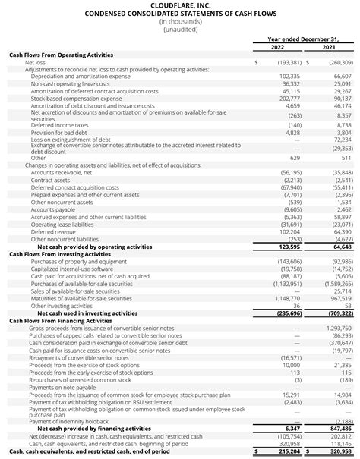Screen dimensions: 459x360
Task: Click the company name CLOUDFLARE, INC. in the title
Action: (179, 5)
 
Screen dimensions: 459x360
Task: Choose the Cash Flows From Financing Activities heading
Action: (60, 341)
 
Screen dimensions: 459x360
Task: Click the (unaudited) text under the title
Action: (179, 30)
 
